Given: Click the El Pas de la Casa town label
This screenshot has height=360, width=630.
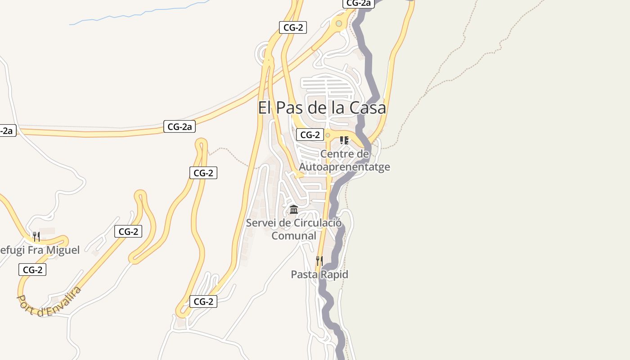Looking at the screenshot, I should click(x=322, y=108).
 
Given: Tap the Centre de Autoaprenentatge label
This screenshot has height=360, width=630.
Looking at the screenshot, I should click(x=344, y=161).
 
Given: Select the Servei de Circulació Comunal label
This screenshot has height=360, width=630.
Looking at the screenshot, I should click(x=294, y=229).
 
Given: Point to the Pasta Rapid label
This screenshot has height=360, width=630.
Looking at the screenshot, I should click(x=319, y=274).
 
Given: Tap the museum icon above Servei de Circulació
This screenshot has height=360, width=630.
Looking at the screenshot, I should click(x=294, y=209).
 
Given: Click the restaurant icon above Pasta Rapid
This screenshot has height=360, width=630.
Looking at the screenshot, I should click(x=319, y=261).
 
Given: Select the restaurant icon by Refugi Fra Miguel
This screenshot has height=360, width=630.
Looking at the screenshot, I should click(x=36, y=236).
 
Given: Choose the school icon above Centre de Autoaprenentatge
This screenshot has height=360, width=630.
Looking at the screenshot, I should click(x=344, y=140).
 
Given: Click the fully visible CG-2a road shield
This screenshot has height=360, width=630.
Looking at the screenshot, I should click(x=180, y=127).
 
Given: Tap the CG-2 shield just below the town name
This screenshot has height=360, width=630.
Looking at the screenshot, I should click(x=310, y=135).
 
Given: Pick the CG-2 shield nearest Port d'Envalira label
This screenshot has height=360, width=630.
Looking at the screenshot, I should click(x=32, y=270).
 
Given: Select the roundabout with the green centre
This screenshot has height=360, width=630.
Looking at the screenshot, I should click(x=339, y=23).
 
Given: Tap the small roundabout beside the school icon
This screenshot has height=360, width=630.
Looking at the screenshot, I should click(x=328, y=135).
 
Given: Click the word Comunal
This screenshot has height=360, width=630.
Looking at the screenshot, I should click(x=294, y=236).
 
